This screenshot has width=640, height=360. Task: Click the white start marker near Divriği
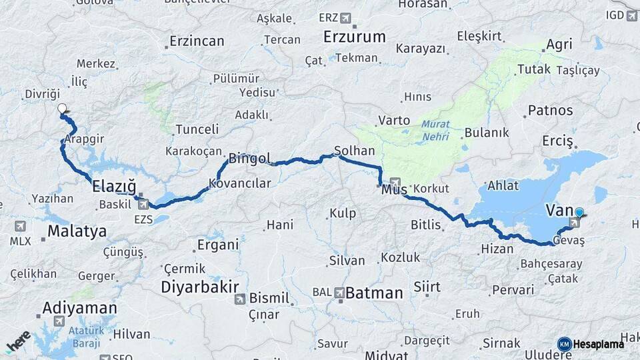pyautogui.click(x=62, y=109)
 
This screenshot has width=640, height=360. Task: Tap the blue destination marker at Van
pyautogui.click(x=579, y=213)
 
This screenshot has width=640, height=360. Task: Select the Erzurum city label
pyautogui.click(x=354, y=37)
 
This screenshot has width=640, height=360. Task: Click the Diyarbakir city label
pyautogui.click(x=199, y=287)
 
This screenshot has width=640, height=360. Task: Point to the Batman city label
pyautogui.click(x=374, y=293)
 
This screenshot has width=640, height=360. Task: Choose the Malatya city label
pyautogui.click(x=77, y=231)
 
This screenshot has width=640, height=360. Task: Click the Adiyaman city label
pyautogui.click(x=79, y=308)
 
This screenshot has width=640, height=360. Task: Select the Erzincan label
pyautogui.click(x=197, y=41)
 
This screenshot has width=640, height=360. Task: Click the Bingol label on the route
pyautogui.click(x=249, y=159)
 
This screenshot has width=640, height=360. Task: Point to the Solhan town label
pyautogui.click(x=355, y=151)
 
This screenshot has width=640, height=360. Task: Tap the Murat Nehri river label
pyautogui.click(x=435, y=131)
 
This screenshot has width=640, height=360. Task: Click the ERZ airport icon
pyautogui.click(x=345, y=17)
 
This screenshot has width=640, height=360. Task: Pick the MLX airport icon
pyautogui.click(x=19, y=226)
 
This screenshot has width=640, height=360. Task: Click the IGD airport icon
pyautogui.click(x=631, y=15)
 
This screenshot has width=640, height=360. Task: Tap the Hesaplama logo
pyautogui.click(x=591, y=344)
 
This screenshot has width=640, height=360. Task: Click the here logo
pyautogui.click(x=19, y=341)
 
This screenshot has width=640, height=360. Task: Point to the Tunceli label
pyautogui.click(x=197, y=129)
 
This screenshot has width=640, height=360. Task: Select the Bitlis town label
pyautogui.click(x=425, y=225)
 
